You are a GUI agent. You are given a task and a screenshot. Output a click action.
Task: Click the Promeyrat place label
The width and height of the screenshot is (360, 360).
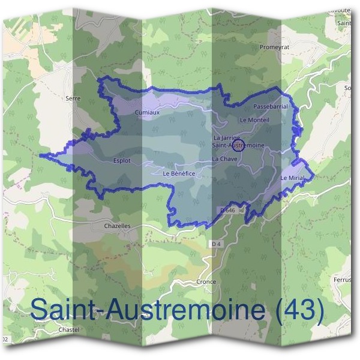(x=274, y=47)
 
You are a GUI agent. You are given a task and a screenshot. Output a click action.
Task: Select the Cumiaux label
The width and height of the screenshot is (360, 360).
(x=147, y=112)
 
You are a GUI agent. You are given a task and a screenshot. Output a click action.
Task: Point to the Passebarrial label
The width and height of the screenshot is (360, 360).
(x=271, y=106)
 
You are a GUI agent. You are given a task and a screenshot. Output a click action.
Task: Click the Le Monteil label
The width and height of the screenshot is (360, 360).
(x=254, y=120)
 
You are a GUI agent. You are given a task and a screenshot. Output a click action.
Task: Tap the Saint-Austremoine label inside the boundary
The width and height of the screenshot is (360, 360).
(x=238, y=145)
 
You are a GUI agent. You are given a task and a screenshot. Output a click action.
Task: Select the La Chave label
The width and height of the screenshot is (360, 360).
(x=224, y=159)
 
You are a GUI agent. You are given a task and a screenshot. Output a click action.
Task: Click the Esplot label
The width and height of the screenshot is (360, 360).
(x=122, y=161)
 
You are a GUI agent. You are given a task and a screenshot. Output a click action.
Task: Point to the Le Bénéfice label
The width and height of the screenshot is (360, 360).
(x=179, y=173)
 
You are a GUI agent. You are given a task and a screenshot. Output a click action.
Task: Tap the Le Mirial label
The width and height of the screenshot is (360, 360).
(x=293, y=179)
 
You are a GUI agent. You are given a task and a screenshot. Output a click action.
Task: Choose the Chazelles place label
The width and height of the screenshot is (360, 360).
(x=117, y=226)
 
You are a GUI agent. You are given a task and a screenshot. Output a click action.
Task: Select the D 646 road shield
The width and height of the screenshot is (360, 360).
(x=227, y=211)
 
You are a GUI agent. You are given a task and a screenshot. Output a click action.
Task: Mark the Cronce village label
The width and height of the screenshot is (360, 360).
(x=206, y=281)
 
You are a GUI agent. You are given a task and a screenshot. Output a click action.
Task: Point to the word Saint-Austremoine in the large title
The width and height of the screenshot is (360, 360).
(x=148, y=310)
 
